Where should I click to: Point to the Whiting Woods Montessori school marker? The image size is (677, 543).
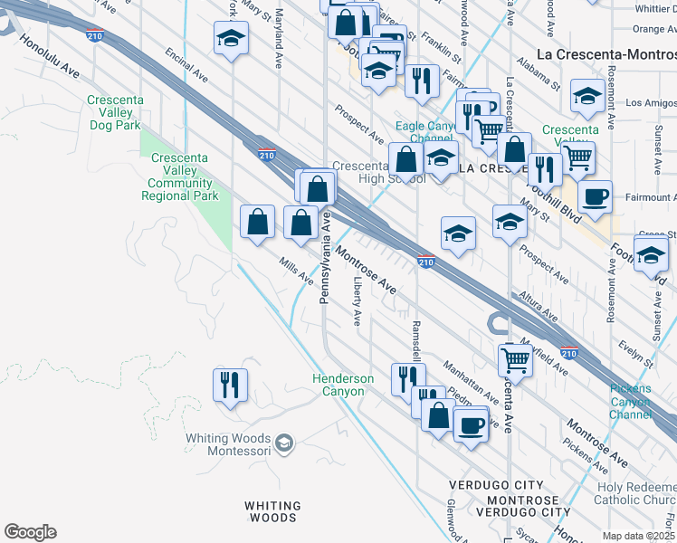[x=283, y=443]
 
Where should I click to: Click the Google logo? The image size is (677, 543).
[x=30, y=532]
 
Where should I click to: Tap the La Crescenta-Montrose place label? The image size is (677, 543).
[x=606, y=53]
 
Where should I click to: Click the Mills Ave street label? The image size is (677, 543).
[x=296, y=268]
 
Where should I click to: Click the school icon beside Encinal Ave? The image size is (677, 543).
[x=231, y=39]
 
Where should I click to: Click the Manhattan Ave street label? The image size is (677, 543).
[x=472, y=381]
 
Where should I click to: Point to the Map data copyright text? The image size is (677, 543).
[x=638, y=536]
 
